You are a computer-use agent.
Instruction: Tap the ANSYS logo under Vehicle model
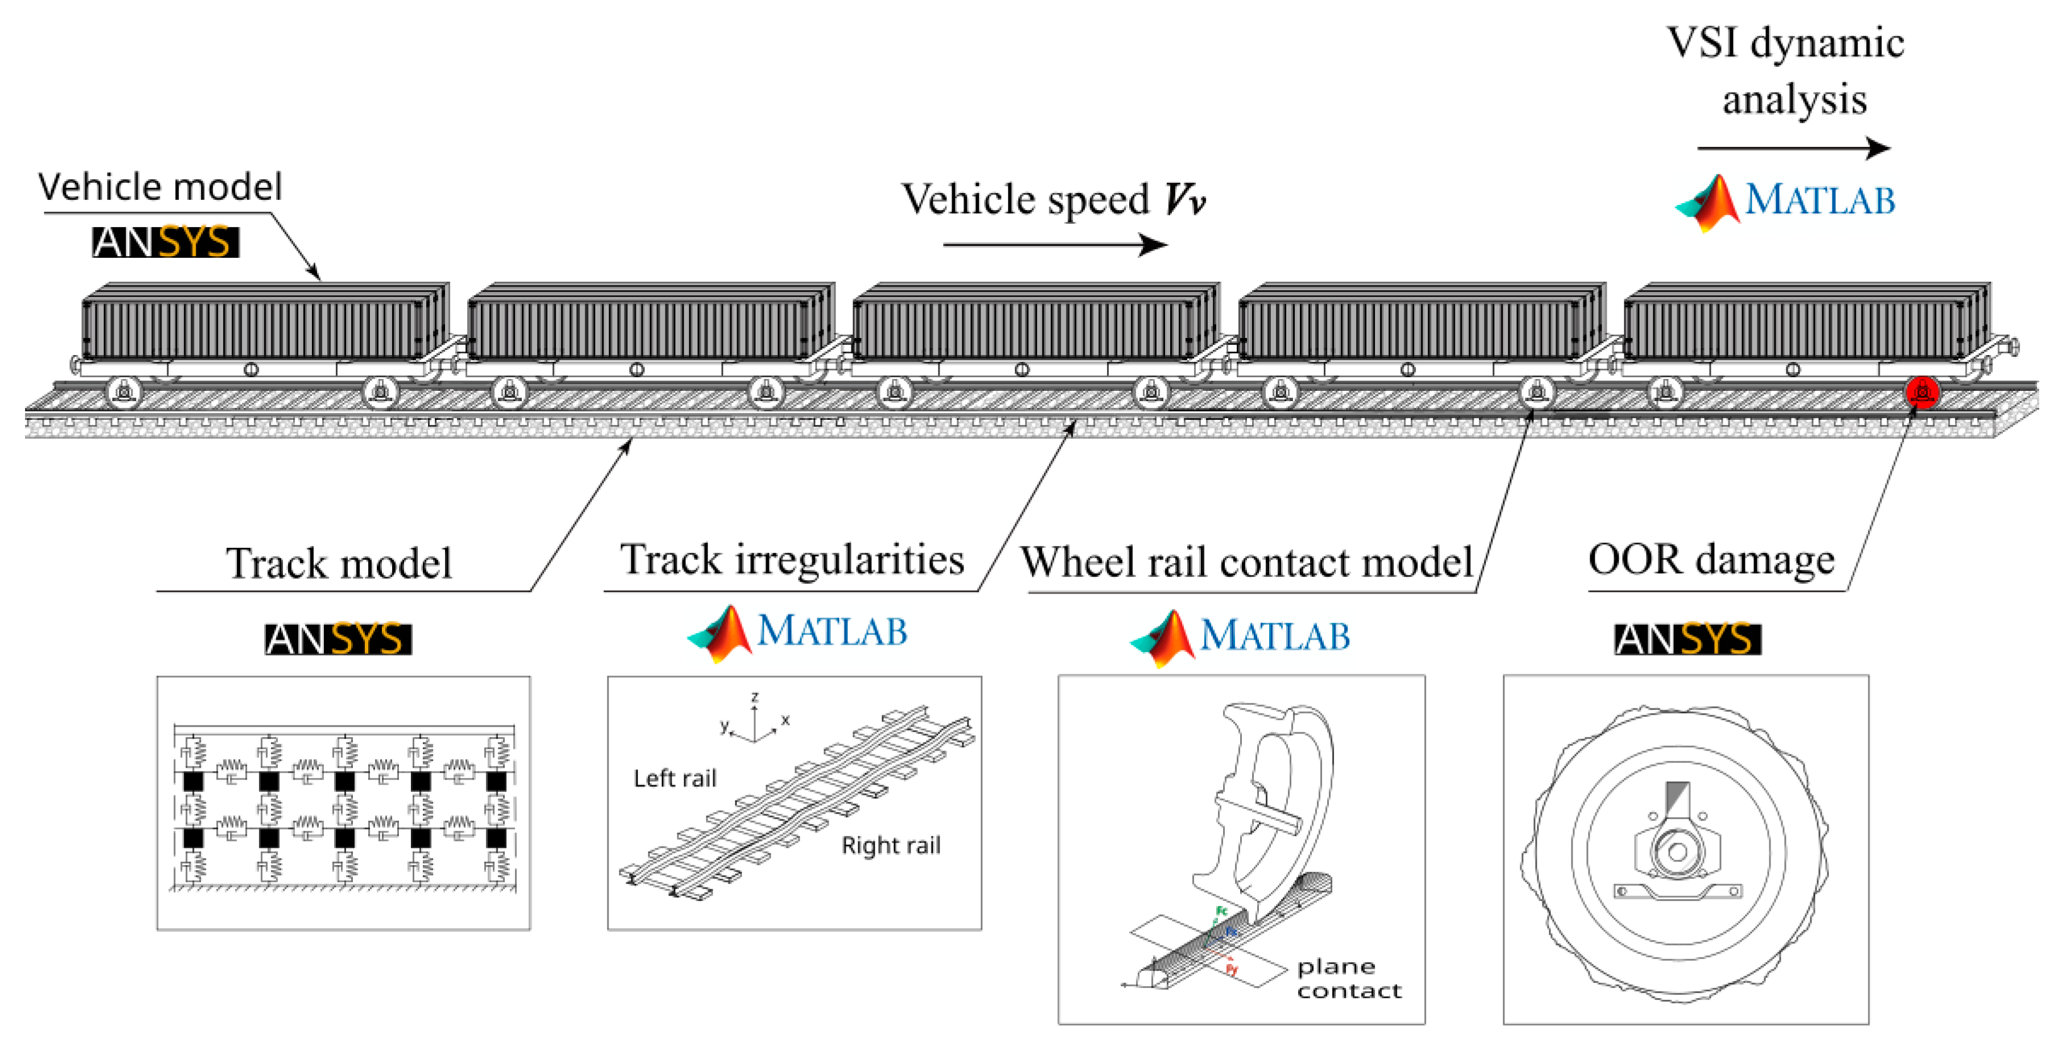[165, 242]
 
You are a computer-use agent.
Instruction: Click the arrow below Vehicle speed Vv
[1054, 244]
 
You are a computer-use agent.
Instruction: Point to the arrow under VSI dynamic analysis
[1792, 149]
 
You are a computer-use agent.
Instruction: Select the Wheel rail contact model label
[1246, 562]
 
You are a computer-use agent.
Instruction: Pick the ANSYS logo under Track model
[338, 639]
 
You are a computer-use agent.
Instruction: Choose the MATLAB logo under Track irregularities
[797, 632]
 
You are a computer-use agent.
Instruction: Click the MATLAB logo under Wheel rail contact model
[1240, 636]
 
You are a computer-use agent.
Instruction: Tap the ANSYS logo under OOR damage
[1687, 639]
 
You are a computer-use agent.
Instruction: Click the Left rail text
[674, 778]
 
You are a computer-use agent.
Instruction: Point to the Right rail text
[891, 845]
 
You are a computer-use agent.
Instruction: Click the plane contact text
[1348, 978]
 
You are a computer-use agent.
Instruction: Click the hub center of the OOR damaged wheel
[1676, 852]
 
